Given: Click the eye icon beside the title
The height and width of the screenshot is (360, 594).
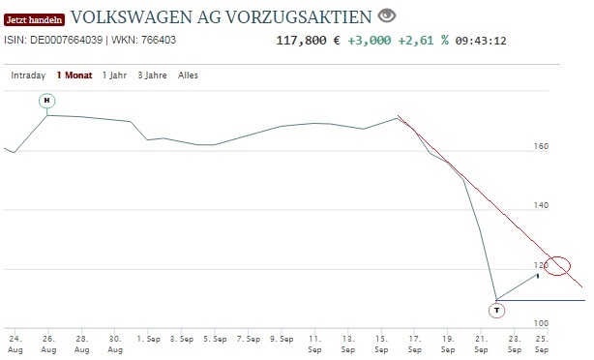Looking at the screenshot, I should [387, 15].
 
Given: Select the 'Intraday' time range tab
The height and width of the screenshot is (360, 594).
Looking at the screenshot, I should [28, 75].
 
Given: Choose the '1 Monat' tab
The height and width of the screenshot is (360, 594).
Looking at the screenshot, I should [74, 75].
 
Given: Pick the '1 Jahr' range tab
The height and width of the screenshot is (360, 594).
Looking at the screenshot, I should [115, 75].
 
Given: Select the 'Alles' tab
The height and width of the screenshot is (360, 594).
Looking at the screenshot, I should [189, 75].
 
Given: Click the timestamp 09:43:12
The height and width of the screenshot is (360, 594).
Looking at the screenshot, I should [481, 41].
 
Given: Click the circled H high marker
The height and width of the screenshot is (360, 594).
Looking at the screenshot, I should [47, 101].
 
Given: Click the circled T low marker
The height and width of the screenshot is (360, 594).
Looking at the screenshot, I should [497, 311].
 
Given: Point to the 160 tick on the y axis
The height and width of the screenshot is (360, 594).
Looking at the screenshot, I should [541, 147].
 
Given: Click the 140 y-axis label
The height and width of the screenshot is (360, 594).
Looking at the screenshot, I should [541, 206].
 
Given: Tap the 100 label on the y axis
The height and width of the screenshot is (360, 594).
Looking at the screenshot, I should [541, 323].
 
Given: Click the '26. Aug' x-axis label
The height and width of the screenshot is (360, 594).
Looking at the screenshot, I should [48, 343].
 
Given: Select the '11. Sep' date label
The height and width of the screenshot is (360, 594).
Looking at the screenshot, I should [315, 343].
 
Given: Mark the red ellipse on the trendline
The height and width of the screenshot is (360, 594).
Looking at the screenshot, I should [558, 265].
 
